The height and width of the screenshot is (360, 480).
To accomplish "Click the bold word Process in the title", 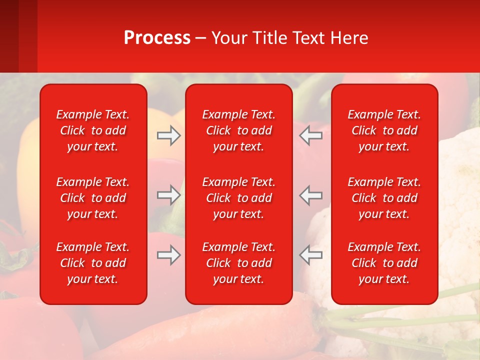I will tap(157, 38).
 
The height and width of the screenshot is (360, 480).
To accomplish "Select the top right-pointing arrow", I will tap(168, 135).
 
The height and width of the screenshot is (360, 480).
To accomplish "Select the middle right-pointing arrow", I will tap(168, 195).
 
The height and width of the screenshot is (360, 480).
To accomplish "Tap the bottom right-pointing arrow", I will tap(168, 255).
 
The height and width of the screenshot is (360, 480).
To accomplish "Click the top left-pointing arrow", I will tap(311, 135).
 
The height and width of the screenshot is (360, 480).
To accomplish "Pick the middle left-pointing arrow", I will tap(311, 195).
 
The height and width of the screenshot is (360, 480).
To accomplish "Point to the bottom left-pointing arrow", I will tap(311, 255).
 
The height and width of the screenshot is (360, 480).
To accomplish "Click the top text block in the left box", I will tap(93, 130).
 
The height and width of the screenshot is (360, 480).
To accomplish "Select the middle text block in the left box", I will tap(93, 198).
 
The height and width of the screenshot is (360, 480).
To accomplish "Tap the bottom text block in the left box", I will tap(93, 263).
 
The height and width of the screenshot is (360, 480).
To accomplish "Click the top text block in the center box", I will tap(239, 130).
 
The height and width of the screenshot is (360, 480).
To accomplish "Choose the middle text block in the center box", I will tap(239, 198).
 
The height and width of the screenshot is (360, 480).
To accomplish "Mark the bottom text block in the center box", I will tap(239, 263).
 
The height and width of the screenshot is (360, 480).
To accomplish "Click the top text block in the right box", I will tap(384, 130).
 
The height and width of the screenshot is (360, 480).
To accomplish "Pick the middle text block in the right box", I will tap(384, 198).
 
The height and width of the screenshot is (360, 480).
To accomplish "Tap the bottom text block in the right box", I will tap(384, 263).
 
